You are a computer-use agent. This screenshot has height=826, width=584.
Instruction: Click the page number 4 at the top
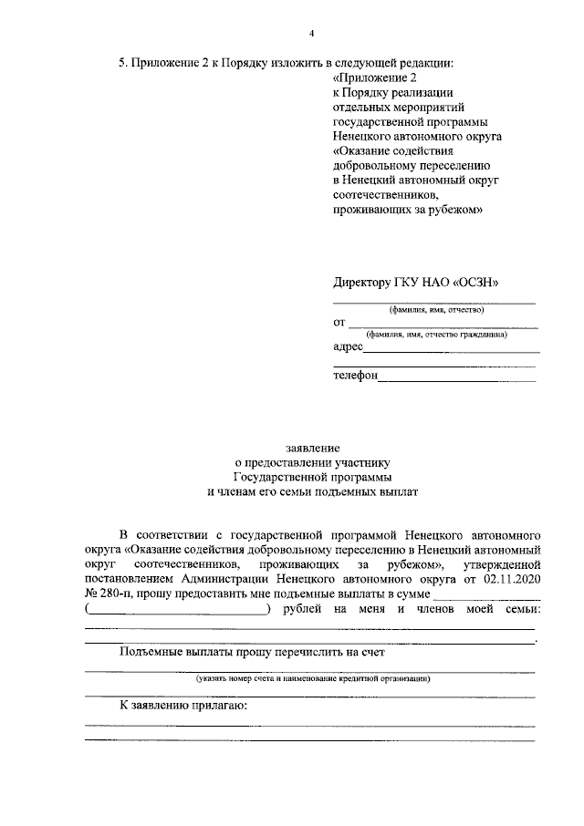(x=311, y=34)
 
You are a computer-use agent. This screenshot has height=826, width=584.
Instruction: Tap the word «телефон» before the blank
(x=355, y=376)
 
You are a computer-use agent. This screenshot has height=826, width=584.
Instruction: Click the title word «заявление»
(x=312, y=448)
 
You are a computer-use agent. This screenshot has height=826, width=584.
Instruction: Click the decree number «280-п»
(x=119, y=594)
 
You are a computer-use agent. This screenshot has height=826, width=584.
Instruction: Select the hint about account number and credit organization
(x=312, y=678)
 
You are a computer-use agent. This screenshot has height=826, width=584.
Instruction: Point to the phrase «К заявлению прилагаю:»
(x=184, y=706)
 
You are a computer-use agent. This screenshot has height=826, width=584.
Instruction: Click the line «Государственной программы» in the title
(x=312, y=477)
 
